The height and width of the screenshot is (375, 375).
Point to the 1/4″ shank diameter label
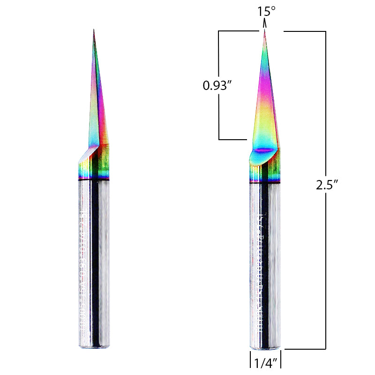(x=264, y=362)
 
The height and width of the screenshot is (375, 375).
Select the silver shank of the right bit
(x=265, y=262)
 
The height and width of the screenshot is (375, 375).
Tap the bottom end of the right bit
(x=265, y=348)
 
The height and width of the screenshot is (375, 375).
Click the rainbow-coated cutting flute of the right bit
(x=266, y=103)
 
